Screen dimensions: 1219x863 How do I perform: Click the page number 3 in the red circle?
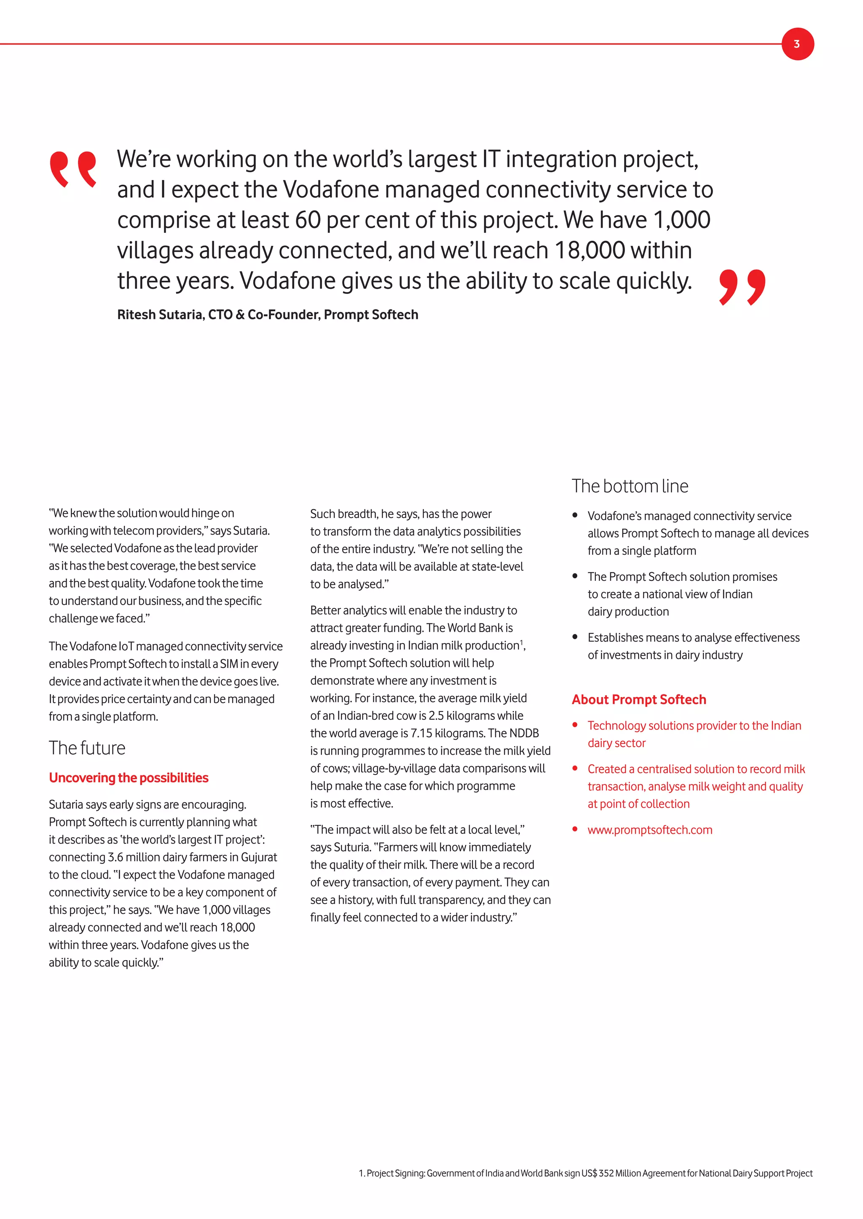(796, 44)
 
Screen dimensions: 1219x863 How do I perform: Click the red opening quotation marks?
(73, 169)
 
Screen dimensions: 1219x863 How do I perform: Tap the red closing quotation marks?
(742, 287)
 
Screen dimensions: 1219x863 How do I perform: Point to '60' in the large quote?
(308, 220)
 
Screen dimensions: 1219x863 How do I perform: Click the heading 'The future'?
(87, 748)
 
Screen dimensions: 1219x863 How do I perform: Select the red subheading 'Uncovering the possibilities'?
(129, 778)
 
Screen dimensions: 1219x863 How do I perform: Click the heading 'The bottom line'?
(630, 486)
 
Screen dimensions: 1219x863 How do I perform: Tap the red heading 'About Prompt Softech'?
(639, 700)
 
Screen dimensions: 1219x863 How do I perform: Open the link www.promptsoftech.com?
(649, 830)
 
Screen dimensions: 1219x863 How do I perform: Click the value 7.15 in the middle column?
(421, 734)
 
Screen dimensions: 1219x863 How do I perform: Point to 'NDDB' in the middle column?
(523, 734)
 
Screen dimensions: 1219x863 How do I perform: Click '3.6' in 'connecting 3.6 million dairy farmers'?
(115, 857)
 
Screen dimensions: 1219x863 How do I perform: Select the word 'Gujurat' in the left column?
(259, 857)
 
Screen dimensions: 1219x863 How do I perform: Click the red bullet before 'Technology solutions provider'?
(574, 725)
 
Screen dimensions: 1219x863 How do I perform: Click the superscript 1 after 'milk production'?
(521, 642)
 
